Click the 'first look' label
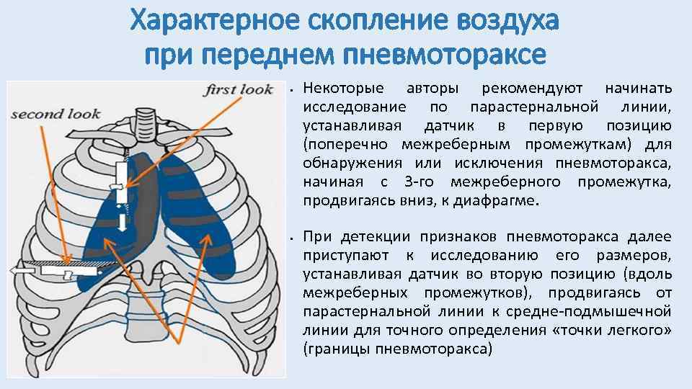tap(239, 89)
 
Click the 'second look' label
tap(56, 114)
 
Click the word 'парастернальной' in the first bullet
tap(533, 107)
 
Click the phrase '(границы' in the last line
tap(334, 349)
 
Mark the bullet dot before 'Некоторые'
tap(288, 90)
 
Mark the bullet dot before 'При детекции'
tap(288, 238)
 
